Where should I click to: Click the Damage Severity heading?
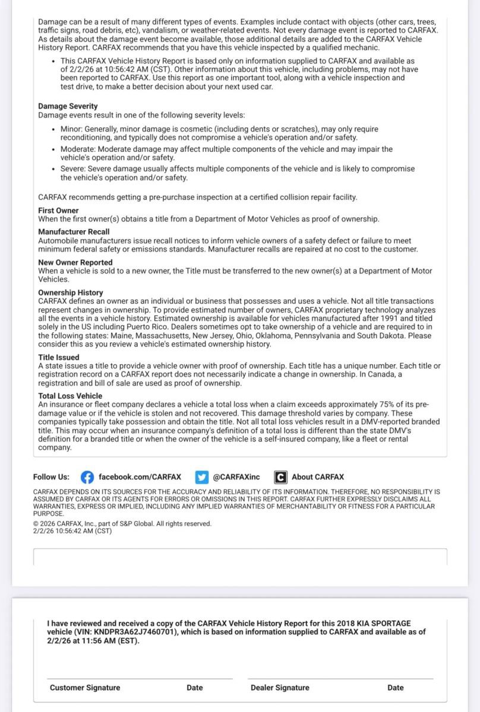pos(68,106)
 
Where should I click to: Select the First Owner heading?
pos(58,211)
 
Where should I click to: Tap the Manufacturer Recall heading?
pos(74,231)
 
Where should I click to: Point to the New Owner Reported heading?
pos(75,262)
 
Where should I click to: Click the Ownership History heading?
pos(70,293)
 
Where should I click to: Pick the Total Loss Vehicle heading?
pos(70,396)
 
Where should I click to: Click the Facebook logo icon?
pos(87,477)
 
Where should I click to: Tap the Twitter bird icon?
pos(202,477)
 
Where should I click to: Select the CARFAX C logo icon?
pos(280,477)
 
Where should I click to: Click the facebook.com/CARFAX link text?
pos(140,477)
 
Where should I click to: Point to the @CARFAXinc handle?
pos(236,477)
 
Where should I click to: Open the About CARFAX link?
pos(317,477)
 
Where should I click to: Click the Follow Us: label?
pos(51,477)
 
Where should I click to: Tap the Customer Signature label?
pos(85,688)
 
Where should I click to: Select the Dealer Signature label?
pos(280,688)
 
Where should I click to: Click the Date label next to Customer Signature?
pos(194,688)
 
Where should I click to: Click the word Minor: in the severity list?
pos(71,129)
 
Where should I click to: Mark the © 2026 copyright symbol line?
pos(122,524)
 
